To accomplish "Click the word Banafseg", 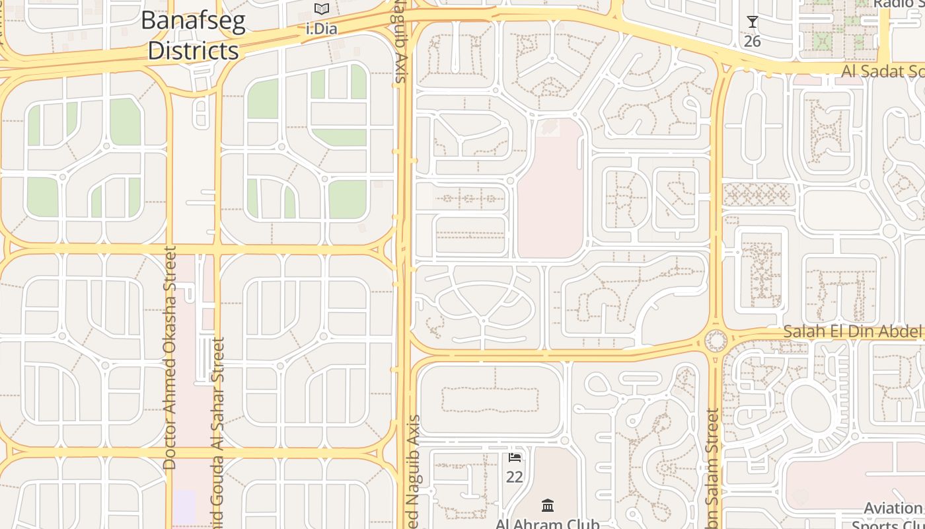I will [193, 21].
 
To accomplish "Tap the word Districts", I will [193, 50].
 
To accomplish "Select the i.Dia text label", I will [322, 29].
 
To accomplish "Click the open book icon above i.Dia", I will [322, 9].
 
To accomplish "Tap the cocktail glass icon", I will [752, 22].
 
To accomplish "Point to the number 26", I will [752, 42].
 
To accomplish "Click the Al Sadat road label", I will [883, 71].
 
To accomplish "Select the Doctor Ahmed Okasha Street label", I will [170, 358].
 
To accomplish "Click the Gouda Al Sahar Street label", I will [219, 430].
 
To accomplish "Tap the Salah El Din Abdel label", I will [853, 331].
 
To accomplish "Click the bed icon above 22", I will [515, 457].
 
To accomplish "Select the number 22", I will [514, 476].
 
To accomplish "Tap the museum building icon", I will [548, 506].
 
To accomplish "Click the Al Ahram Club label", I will [548, 524].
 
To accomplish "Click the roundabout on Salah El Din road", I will [716, 341].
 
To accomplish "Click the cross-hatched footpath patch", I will [757, 194].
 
